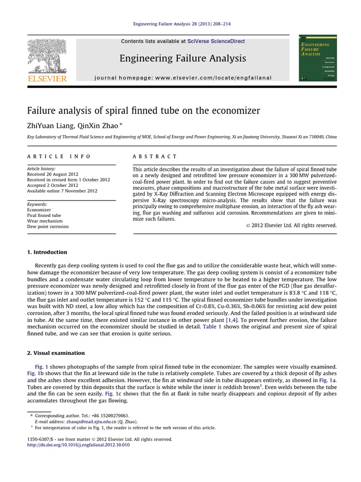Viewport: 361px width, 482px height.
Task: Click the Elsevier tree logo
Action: click(47, 57)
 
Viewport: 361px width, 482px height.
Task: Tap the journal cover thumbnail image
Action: click(318, 57)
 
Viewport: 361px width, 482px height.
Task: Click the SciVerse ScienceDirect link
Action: click(216, 41)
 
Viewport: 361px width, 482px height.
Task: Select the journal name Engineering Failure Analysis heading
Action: click(183, 58)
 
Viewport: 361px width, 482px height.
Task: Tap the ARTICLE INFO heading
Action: click(59, 156)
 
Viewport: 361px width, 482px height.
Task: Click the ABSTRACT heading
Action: click(155, 156)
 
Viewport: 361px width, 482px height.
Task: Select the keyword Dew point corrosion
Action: click(48, 226)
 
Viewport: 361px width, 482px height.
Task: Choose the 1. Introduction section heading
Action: click(47, 252)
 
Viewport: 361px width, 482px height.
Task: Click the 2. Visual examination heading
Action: click(56, 353)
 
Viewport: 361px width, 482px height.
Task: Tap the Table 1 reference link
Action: click(212, 327)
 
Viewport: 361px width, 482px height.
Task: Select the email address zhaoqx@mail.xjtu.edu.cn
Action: click(91, 422)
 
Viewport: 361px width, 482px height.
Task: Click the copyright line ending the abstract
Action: click(292, 225)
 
